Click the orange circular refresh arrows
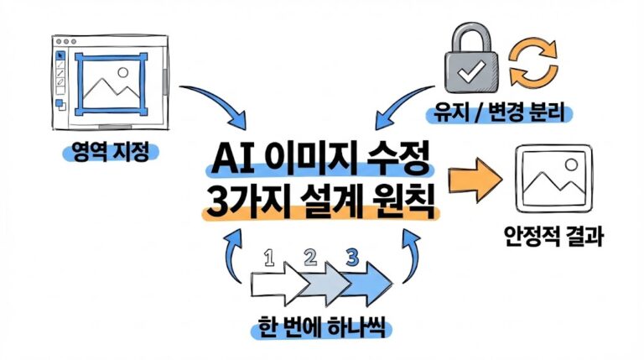pyautogui.click(x=535, y=65)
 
